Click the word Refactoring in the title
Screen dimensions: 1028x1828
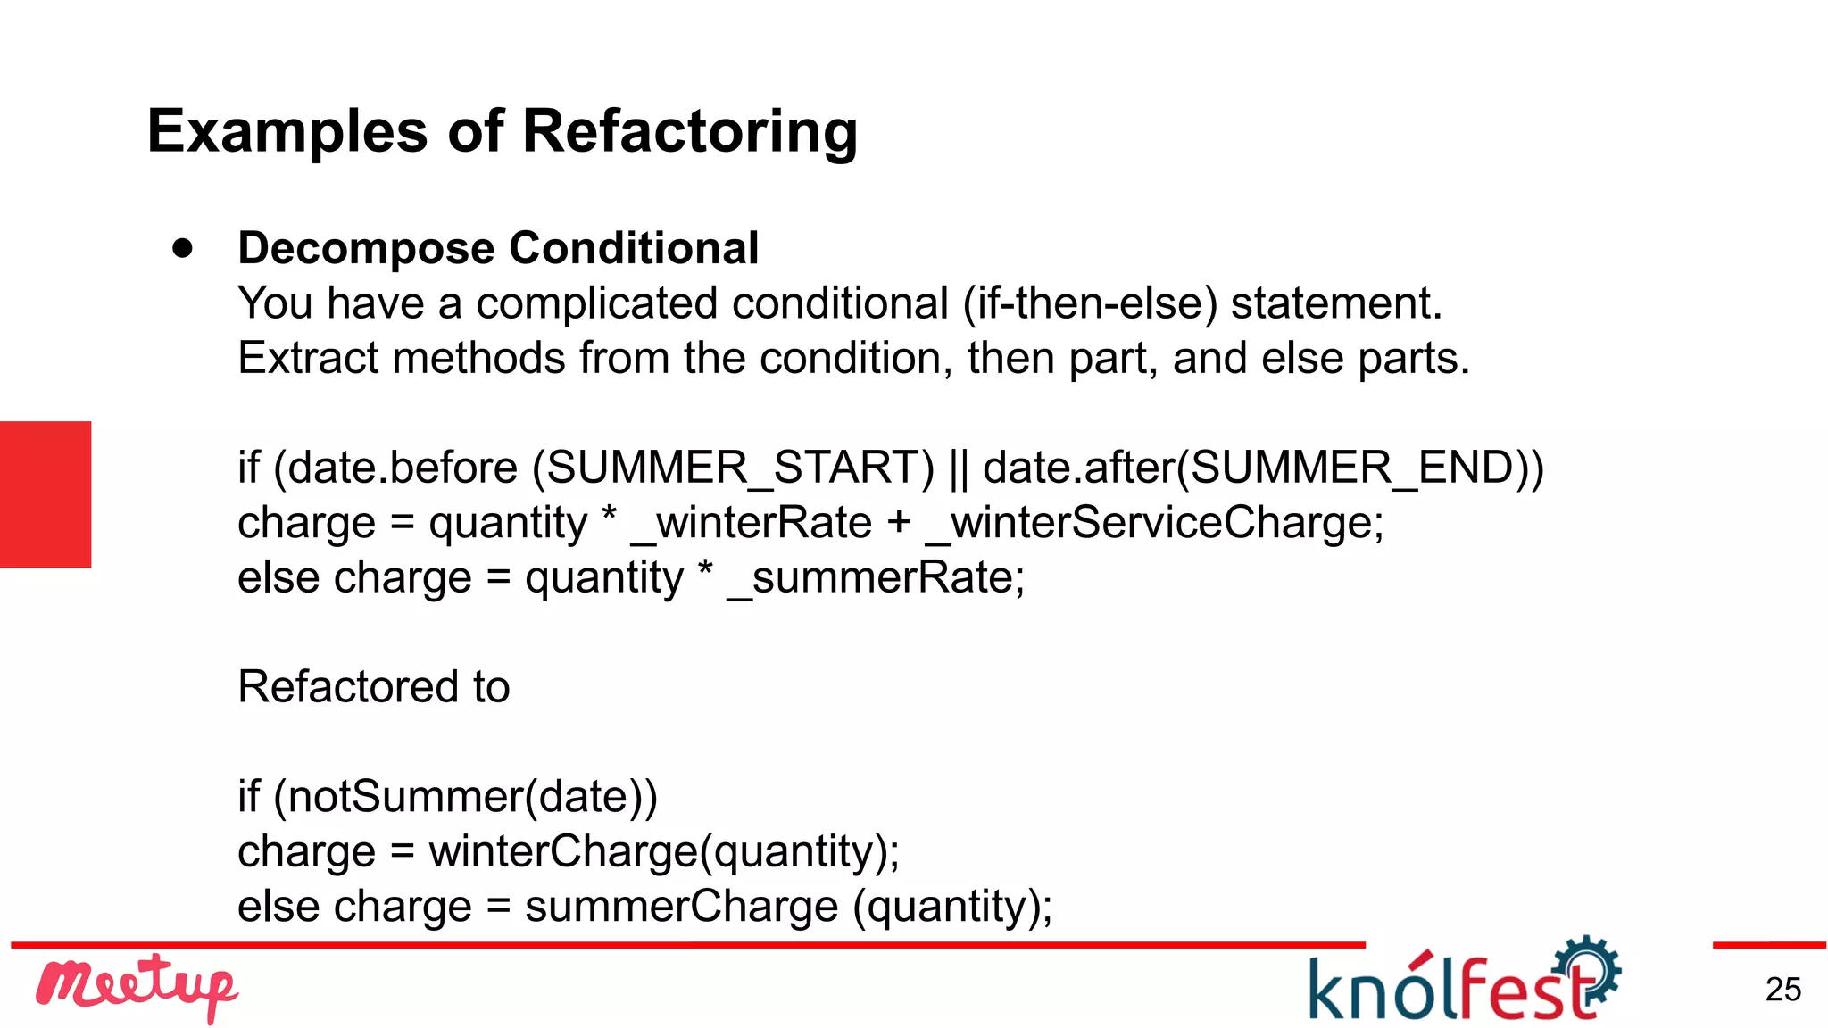[689, 132]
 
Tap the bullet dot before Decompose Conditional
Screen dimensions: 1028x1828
[183, 248]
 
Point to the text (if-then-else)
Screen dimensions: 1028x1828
[1090, 303]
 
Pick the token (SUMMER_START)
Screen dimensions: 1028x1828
[733, 468]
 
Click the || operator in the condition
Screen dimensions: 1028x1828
[959, 468]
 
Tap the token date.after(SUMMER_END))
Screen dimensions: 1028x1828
[1263, 468]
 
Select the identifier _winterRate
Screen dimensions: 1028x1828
[751, 523]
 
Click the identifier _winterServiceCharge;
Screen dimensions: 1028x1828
[1154, 523]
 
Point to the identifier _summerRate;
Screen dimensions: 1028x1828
[876, 577]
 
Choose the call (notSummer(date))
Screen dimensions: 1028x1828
[465, 797]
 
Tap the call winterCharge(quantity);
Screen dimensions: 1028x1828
[664, 851]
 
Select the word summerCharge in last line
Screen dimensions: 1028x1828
[681, 907]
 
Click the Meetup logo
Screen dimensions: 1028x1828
[136, 987]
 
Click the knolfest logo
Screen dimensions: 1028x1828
[1463, 982]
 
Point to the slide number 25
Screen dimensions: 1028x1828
[1782, 990]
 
